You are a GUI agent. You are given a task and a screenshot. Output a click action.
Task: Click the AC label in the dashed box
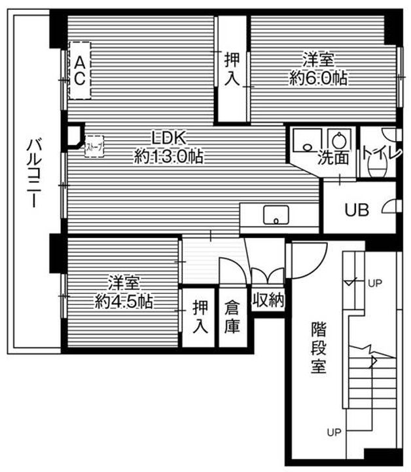tap(79, 70)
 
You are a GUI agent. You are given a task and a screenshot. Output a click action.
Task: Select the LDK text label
tap(170, 138)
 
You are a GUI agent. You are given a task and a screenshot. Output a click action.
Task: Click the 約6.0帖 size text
tap(318, 78)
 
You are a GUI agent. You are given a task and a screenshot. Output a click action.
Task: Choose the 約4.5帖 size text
tap(124, 302)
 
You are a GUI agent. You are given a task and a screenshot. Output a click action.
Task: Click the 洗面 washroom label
tap(332, 157)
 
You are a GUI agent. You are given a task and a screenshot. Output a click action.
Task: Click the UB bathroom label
tap(357, 210)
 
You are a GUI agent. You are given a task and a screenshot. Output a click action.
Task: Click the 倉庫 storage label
tap(232, 317)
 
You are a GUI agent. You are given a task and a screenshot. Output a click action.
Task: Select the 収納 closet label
tap(268, 301)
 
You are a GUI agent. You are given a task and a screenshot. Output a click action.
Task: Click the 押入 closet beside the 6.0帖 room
tap(232, 68)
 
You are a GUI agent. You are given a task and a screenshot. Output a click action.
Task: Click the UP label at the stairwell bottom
tap(334, 433)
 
